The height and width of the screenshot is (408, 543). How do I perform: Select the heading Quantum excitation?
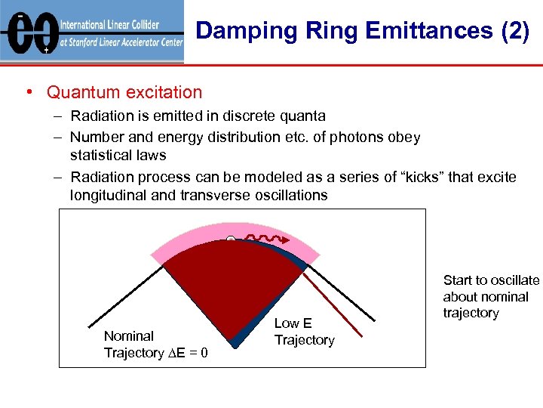coord(124,92)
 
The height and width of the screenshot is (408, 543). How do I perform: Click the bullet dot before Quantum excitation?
coord(28,93)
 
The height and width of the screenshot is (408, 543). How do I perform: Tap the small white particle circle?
coord(231,240)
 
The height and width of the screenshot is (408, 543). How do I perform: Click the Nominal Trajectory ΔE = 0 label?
coord(155,345)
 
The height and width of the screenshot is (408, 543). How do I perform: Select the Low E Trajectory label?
coord(304,332)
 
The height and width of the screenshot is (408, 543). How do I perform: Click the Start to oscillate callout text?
coord(491,296)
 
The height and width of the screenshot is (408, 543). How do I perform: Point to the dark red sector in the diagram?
coord(226,295)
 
